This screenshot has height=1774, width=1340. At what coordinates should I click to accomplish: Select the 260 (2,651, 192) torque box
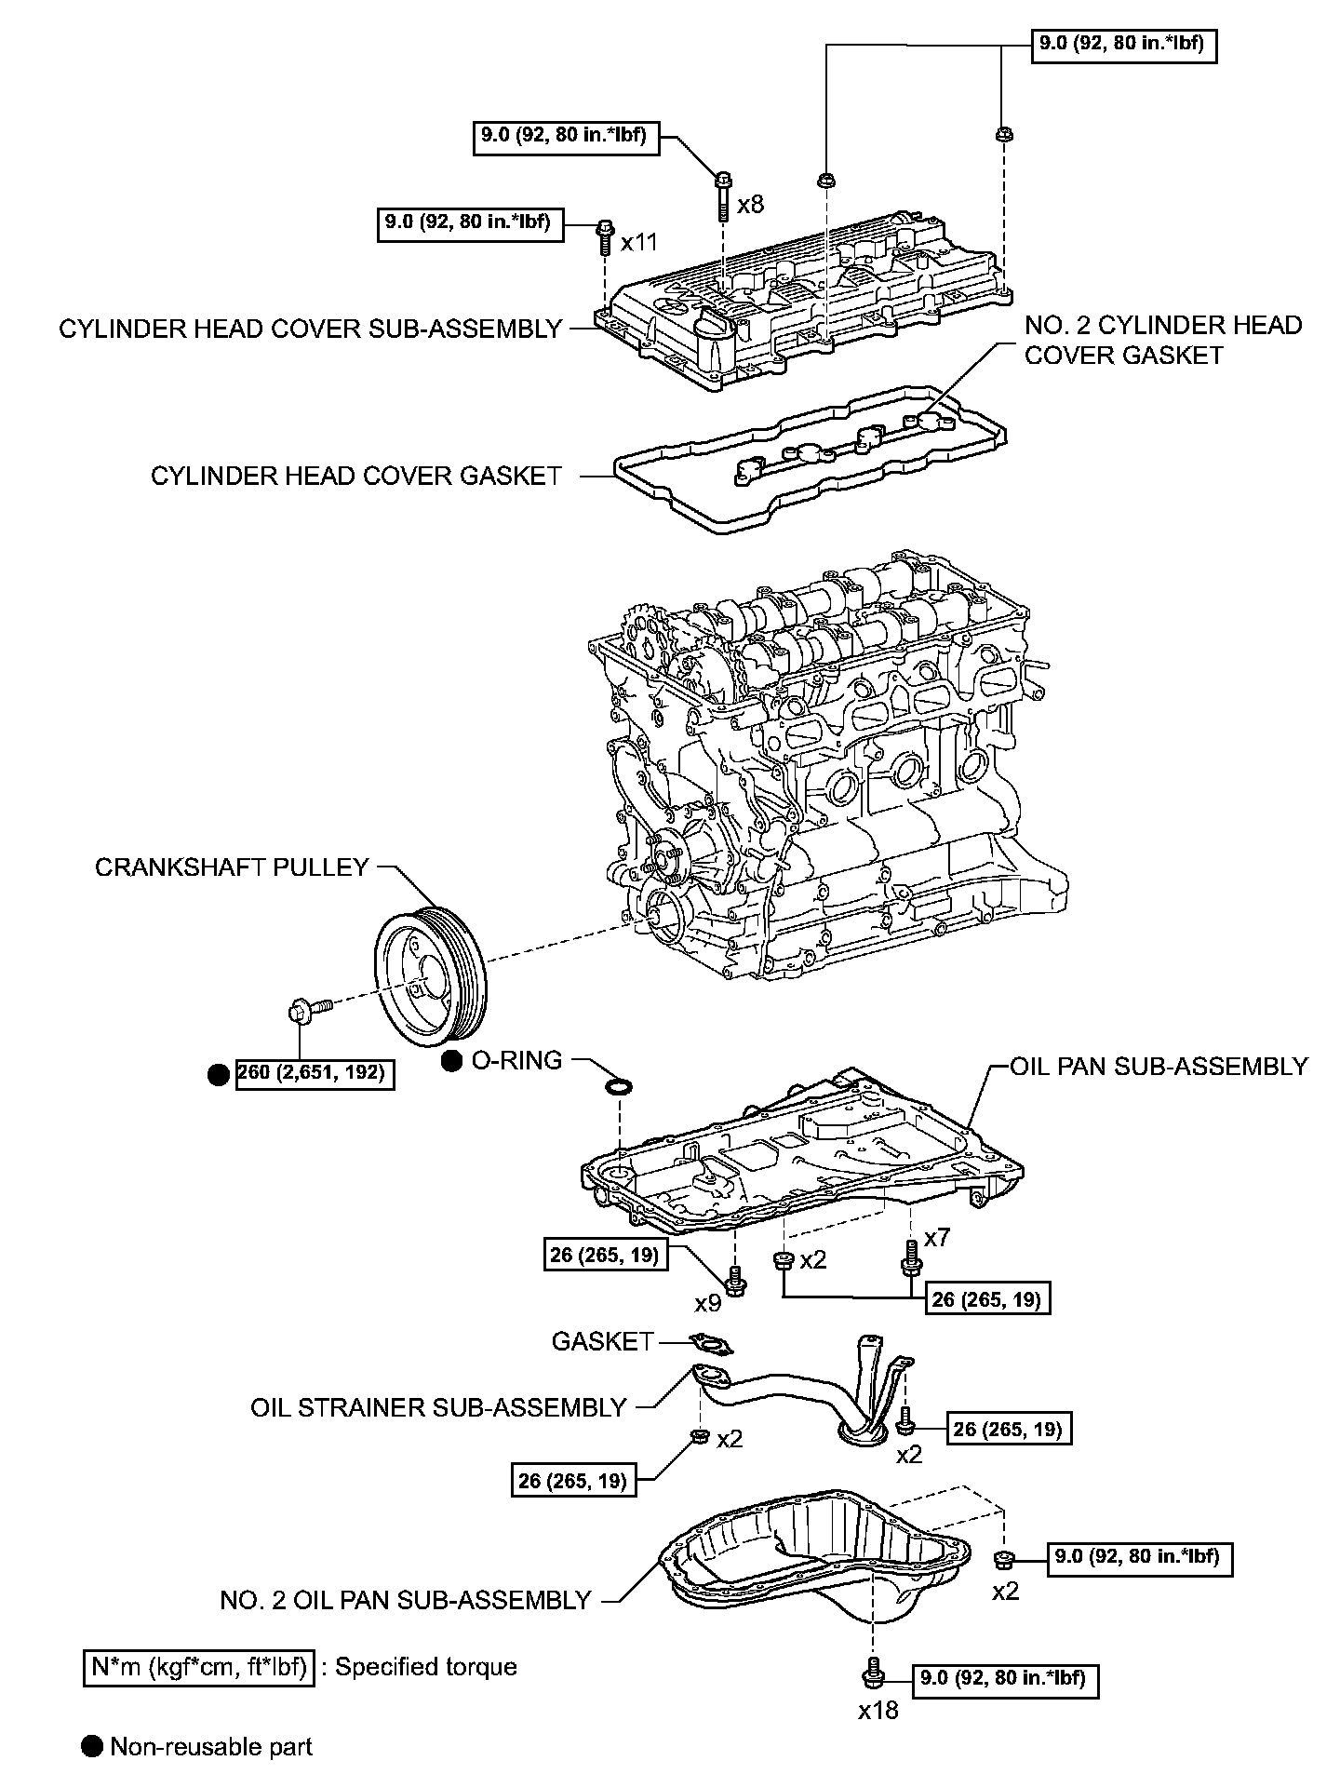click(x=314, y=1073)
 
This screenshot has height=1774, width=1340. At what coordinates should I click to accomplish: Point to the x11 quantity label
click(x=639, y=243)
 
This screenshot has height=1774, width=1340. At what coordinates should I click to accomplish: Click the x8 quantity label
click(x=750, y=205)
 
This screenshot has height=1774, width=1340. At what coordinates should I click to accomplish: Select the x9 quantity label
click(x=708, y=1303)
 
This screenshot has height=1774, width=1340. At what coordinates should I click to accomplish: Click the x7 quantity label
click(x=936, y=1238)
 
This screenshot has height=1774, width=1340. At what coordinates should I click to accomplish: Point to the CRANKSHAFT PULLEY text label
click(x=232, y=867)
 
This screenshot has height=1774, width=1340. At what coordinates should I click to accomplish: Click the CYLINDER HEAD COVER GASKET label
click(x=355, y=477)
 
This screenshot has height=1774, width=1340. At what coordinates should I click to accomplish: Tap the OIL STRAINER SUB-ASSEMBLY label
click(x=437, y=1407)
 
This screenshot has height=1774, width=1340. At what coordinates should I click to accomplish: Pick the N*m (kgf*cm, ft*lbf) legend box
click(x=198, y=1666)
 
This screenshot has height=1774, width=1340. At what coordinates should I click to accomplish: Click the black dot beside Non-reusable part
click(x=92, y=1746)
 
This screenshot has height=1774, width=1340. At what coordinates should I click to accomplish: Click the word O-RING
click(x=517, y=1060)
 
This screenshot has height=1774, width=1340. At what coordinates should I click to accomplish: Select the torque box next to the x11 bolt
click(x=470, y=222)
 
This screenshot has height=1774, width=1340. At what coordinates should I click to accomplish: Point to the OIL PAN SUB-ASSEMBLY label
click(x=1159, y=1067)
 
